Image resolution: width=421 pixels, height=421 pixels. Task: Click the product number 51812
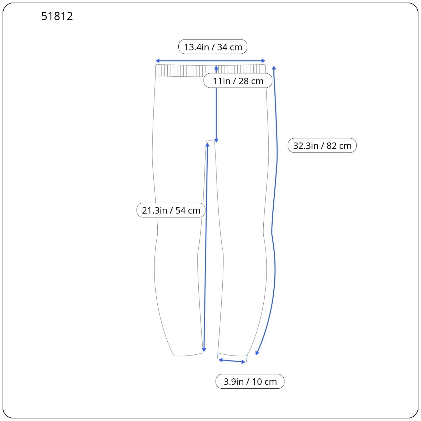pos(57,16)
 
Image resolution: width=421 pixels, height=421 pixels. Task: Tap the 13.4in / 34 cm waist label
pos(213,47)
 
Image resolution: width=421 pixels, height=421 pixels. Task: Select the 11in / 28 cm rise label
pos(238,81)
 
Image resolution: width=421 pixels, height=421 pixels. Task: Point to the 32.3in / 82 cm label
pos(322,146)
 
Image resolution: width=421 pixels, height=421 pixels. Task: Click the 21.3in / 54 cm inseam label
pos(171,210)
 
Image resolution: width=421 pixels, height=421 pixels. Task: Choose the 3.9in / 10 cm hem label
pos(250,381)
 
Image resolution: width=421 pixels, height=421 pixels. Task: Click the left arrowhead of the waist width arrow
pos(157,61)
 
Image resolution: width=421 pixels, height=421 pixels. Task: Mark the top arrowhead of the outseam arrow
pos(274,68)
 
